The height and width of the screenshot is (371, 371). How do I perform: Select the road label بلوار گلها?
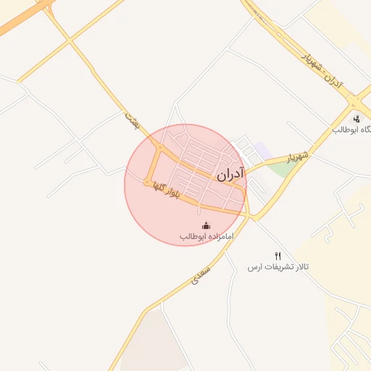(x=163, y=189)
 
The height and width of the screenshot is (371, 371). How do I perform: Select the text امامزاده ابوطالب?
(x=206, y=237)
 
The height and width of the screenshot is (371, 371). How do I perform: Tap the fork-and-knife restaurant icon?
(x=278, y=256)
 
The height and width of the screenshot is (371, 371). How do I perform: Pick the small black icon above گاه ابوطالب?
(x=356, y=119)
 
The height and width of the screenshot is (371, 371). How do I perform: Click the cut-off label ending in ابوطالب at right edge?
(x=352, y=130)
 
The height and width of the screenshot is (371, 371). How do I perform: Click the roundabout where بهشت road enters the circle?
(x=159, y=148)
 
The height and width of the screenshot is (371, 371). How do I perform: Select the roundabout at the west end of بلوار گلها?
(x=149, y=181)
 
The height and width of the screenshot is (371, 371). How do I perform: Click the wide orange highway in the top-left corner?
(x=22, y=18)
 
